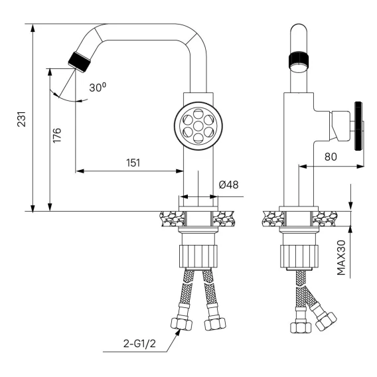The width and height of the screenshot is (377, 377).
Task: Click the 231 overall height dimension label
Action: pos(21,119)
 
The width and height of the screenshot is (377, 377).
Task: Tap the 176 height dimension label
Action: pos(57,135)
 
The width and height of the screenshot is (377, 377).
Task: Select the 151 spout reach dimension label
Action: pos(133,163)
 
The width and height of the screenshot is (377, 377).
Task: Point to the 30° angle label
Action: pos(98,87)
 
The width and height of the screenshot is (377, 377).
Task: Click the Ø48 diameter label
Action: pos(228,185)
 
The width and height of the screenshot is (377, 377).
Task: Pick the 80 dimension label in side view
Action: pos(331,157)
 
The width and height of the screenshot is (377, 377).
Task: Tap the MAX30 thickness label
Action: pos(341,258)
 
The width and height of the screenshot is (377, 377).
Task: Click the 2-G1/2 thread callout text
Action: pos(139,343)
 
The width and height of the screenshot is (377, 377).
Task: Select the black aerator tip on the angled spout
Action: pos(80,62)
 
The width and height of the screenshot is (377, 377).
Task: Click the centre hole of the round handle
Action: pos(198,125)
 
